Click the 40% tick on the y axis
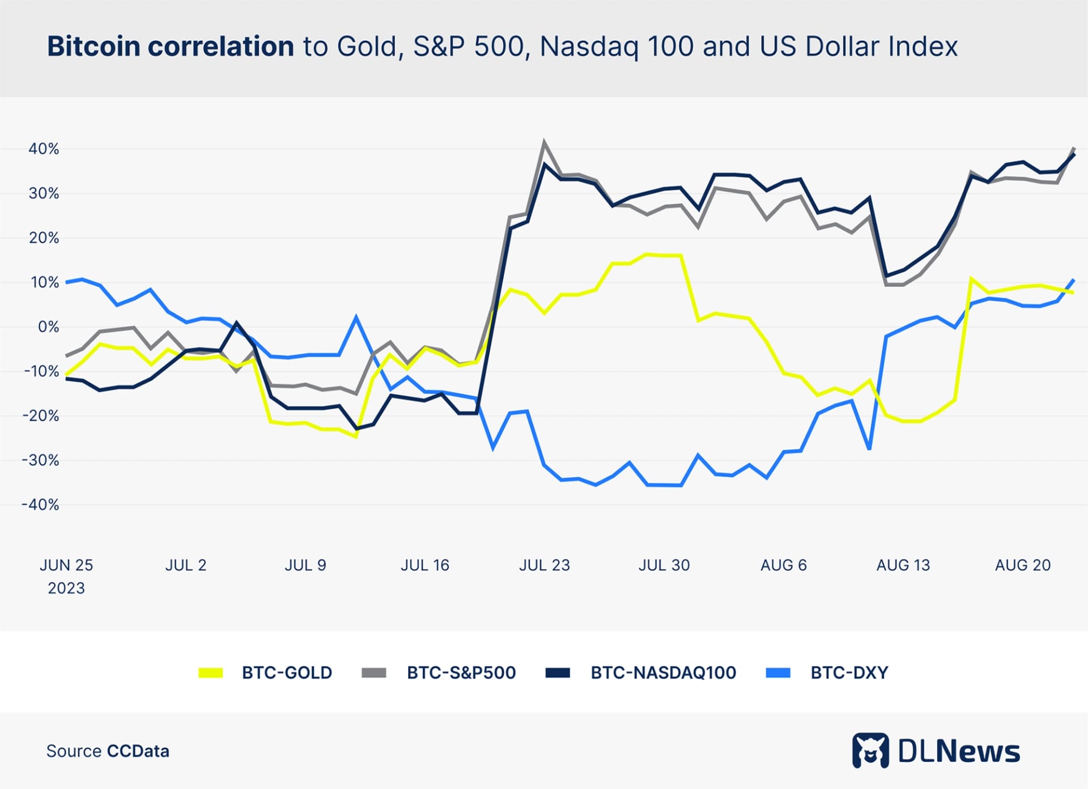click(44, 149)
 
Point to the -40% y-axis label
click(41, 504)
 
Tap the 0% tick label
click(48, 327)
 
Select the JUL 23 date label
click(544, 565)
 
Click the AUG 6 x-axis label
click(783, 565)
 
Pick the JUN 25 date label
click(66, 565)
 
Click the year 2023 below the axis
click(66, 588)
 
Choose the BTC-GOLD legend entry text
click(287, 673)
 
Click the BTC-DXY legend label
click(849, 673)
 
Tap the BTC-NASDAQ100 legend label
click(663, 673)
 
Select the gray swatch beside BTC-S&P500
click(374, 673)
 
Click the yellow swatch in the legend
click(211, 673)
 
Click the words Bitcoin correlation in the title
click(171, 46)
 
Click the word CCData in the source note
click(138, 752)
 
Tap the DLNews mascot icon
click(870, 751)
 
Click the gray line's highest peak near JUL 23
click(544, 142)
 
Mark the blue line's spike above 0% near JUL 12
click(356, 317)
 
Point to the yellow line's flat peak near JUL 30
click(663, 255)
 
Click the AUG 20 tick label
click(1023, 565)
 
